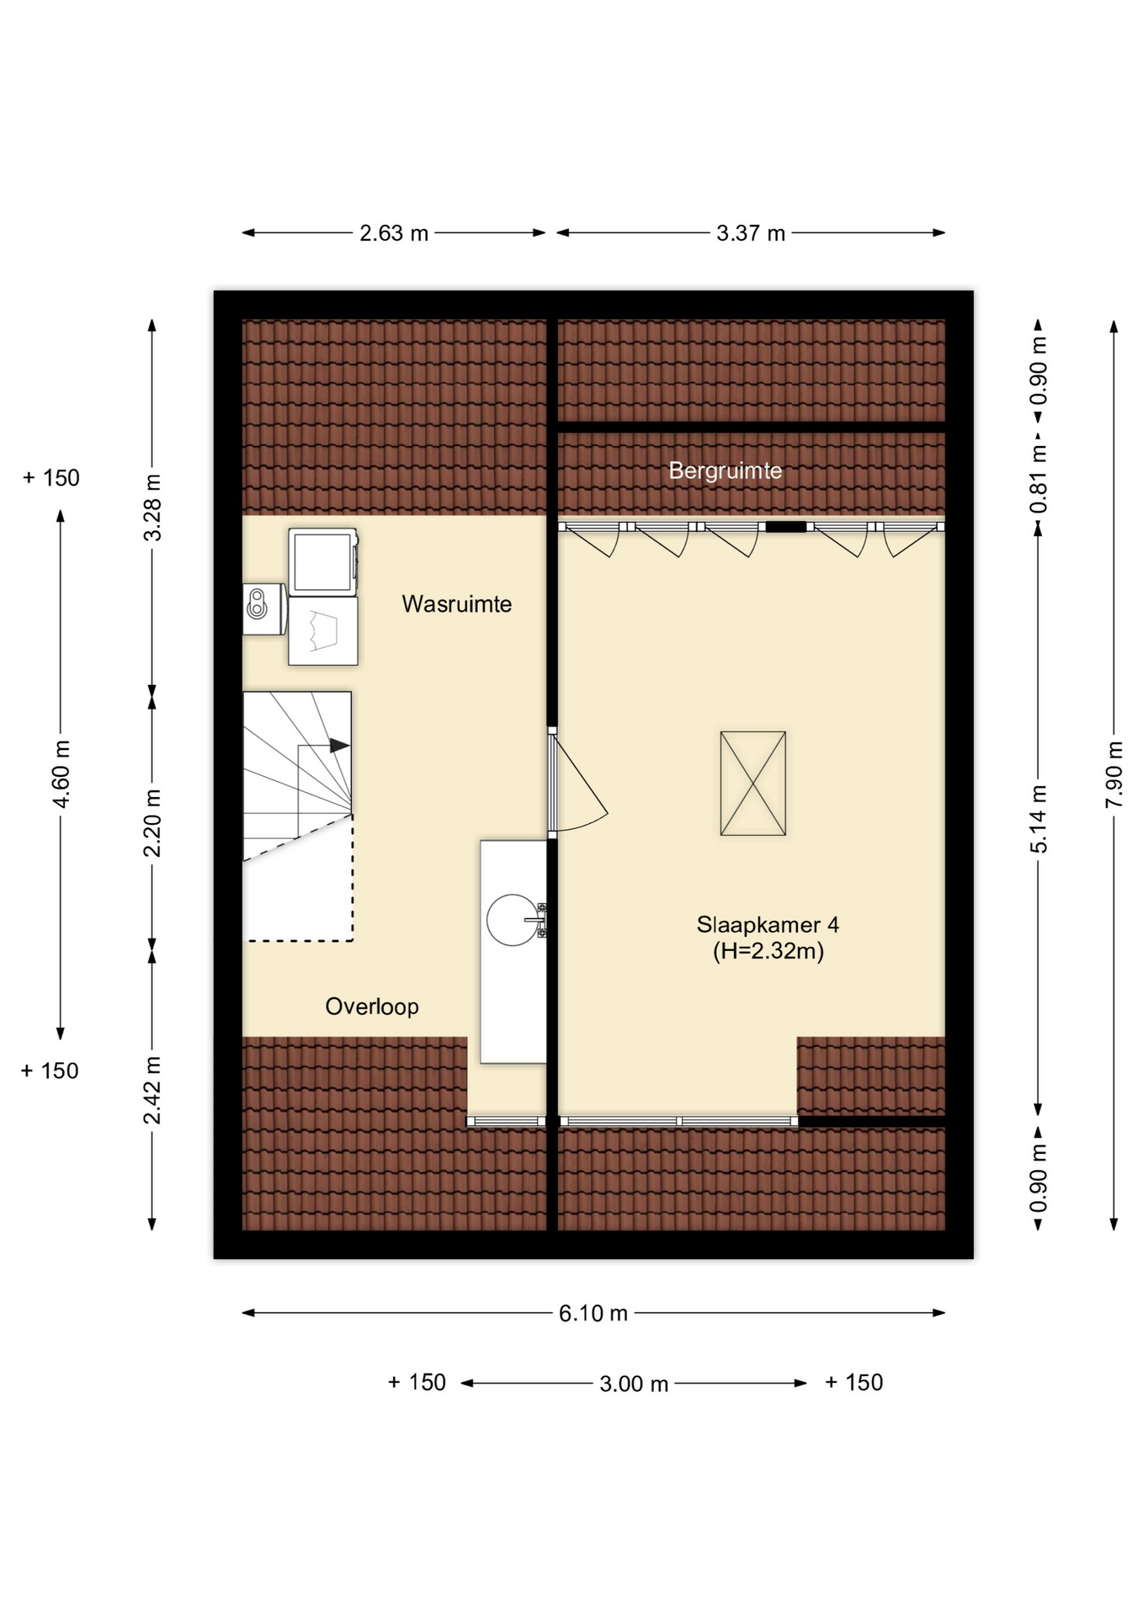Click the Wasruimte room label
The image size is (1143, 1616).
click(456, 604)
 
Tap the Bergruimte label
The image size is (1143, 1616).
click(725, 470)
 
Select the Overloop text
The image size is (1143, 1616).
click(372, 1007)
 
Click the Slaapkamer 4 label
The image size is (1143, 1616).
click(768, 925)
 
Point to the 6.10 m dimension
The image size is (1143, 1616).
click(593, 1313)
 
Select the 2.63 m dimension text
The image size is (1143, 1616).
click(394, 233)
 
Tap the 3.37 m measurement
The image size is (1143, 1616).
click(751, 233)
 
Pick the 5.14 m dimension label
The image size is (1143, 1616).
click(1039, 819)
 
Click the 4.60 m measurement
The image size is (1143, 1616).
click(61, 774)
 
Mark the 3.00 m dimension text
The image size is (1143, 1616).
click(634, 1384)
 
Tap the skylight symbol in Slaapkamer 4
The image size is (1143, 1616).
click(752, 784)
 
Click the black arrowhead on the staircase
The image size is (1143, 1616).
click(339, 746)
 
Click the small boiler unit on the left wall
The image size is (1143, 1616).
click(263, 609)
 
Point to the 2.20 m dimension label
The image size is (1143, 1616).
click(152, 822)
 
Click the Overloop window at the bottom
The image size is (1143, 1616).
click(507, 1121)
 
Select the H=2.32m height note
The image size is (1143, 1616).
click(768, 952)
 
